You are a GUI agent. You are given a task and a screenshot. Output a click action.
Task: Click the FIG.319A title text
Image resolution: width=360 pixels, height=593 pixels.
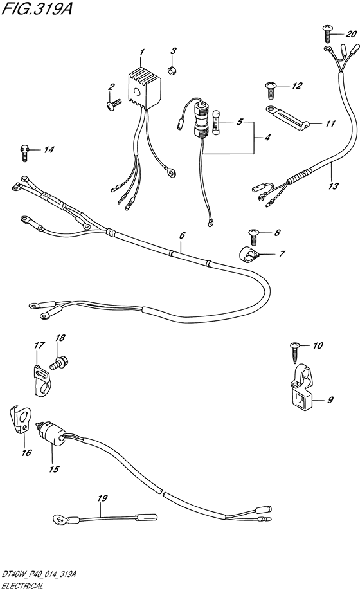(37, 8)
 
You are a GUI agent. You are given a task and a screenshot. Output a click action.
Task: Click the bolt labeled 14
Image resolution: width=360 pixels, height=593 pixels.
(24, 153)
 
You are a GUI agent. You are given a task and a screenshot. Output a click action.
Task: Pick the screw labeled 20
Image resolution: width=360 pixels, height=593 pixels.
(327, 33)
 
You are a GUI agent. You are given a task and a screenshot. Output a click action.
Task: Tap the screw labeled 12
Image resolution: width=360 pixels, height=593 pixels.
(273, 89)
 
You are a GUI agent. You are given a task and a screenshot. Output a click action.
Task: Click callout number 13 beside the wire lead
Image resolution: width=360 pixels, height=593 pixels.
(334, 186)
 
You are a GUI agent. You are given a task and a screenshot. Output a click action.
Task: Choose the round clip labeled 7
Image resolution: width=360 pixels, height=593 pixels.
(248, 254)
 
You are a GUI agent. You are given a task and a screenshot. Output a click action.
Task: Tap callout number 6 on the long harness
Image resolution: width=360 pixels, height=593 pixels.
(183, 235)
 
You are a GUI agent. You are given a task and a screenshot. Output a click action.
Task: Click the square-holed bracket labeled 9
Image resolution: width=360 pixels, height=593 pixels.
(302, 392)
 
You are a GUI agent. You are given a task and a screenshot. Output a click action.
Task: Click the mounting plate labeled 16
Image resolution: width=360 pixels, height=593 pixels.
(20, 419)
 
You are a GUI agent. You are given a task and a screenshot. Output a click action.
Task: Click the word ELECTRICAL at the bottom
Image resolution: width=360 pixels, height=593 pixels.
(22, 586)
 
